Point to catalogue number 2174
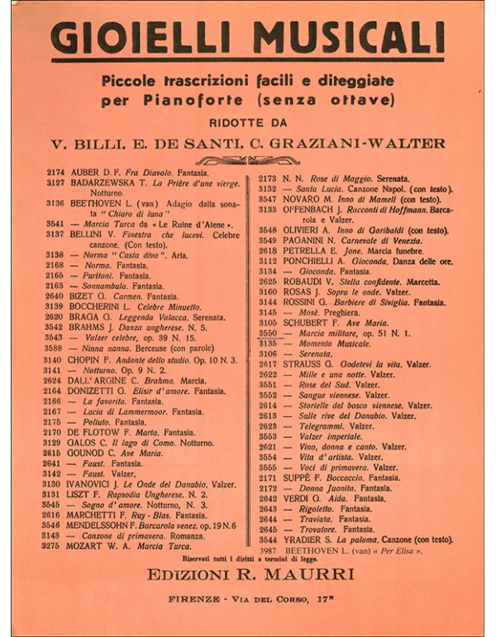point(55,174)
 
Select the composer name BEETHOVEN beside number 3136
point(99,202)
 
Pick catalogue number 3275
point(55,545)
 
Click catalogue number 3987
point(269,550)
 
